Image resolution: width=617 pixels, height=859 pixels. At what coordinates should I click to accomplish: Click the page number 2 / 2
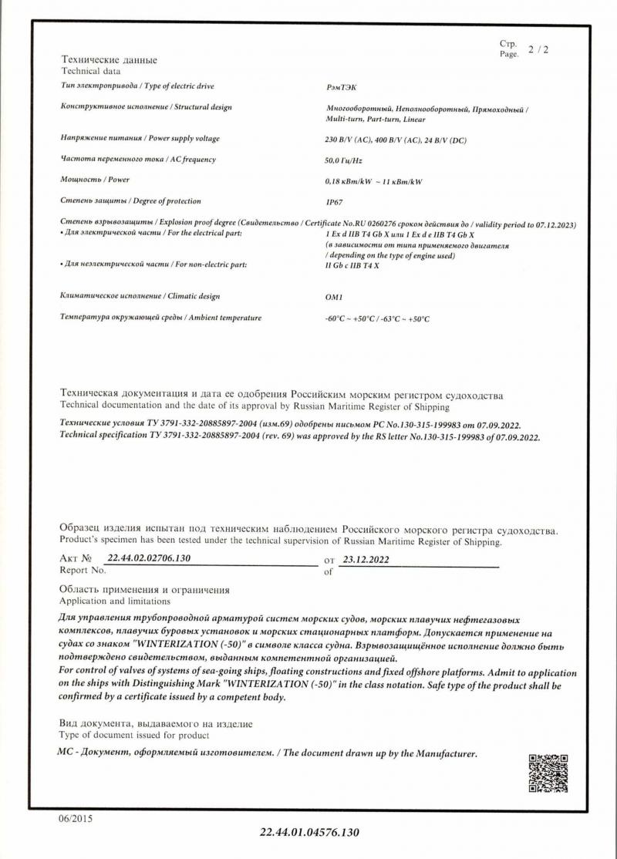(x=538, y=50)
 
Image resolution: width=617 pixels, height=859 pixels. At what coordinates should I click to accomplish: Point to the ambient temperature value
(x=377, y=318)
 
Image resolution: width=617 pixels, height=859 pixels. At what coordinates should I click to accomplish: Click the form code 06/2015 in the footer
(x=75, y=818)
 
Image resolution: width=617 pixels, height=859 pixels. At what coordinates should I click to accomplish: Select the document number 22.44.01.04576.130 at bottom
(x=310, y=834)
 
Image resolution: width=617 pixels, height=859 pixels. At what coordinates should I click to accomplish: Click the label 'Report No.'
(x=83, y=571)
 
